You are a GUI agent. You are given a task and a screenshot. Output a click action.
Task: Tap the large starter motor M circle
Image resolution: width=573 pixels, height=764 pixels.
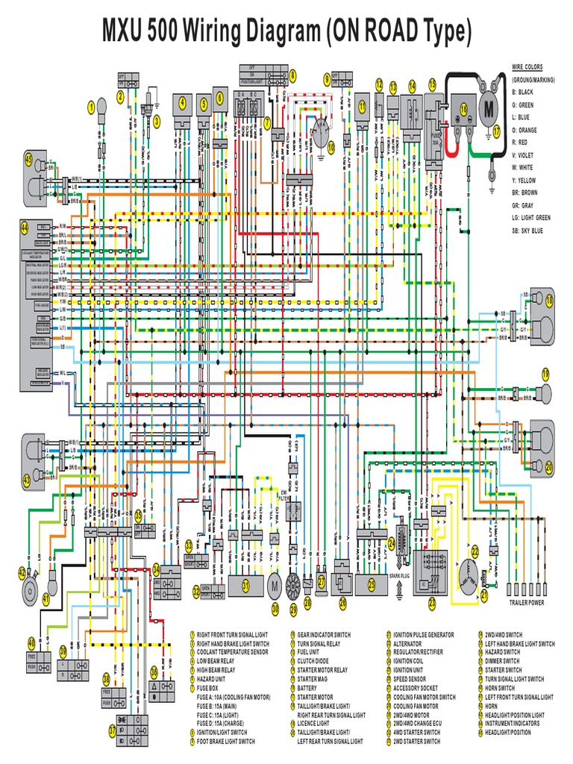(489, 108)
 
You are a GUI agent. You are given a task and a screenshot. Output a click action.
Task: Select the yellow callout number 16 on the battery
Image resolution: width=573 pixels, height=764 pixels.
(463, 109)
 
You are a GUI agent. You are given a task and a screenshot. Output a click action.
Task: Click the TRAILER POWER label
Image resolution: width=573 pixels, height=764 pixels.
(527, 602)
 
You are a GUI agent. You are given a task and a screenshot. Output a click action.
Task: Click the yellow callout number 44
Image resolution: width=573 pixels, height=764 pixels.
(24, 227)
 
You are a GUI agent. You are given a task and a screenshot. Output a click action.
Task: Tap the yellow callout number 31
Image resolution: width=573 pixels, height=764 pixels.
(245, 586)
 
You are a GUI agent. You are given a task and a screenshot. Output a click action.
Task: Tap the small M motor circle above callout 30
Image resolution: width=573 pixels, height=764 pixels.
(274, 586)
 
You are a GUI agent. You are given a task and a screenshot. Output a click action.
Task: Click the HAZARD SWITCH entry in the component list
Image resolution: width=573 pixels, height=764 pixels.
(501, 651)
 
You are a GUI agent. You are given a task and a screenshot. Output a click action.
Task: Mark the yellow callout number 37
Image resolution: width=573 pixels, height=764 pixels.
(112, 732)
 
